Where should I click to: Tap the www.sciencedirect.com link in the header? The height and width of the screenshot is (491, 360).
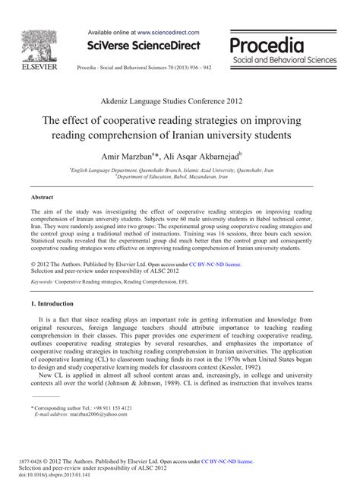[x=169, y=33]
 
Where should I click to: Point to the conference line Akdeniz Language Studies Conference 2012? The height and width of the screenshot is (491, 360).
[x=180, y=100]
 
